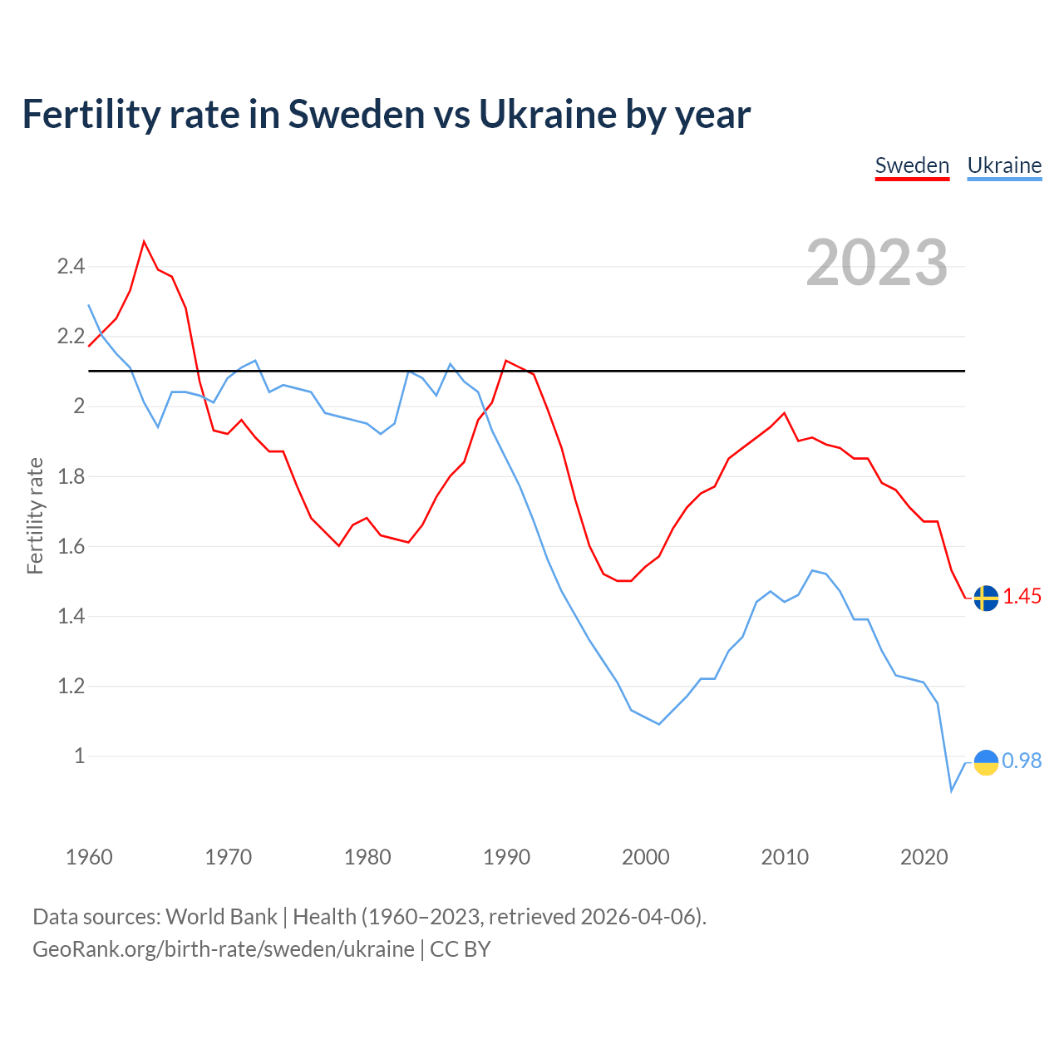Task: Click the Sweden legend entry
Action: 912,165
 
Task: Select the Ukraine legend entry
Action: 1004,165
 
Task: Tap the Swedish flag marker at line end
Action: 986,598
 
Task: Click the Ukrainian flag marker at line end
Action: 986,762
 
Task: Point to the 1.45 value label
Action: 1022,596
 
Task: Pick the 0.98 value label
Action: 1022,761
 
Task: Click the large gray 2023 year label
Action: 877,263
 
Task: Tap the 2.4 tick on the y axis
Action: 71,267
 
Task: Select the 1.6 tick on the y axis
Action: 71,546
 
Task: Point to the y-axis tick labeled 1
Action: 80,756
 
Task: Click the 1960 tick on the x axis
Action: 89,857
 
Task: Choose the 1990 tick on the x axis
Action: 506,857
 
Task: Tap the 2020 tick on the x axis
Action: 924,857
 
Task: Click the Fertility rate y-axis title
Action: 35,515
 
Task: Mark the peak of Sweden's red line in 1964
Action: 145,242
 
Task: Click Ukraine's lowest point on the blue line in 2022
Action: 952,791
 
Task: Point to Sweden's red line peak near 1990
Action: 506,361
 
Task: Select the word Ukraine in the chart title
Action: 547,114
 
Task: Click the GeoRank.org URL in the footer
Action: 223,948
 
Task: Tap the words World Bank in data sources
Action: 221,916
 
